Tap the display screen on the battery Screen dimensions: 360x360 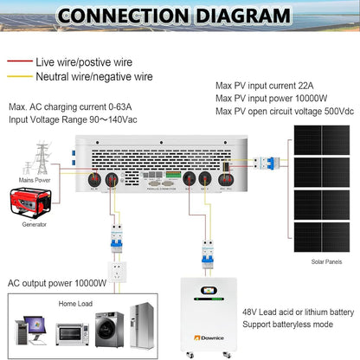click(x=209, y=292)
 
